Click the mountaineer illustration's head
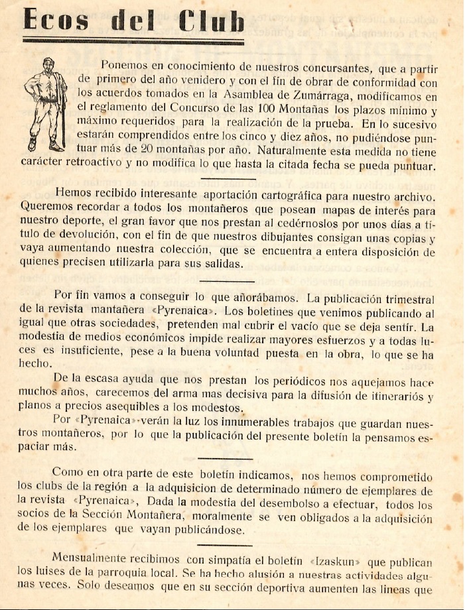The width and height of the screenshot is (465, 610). [x=47, y=64]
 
